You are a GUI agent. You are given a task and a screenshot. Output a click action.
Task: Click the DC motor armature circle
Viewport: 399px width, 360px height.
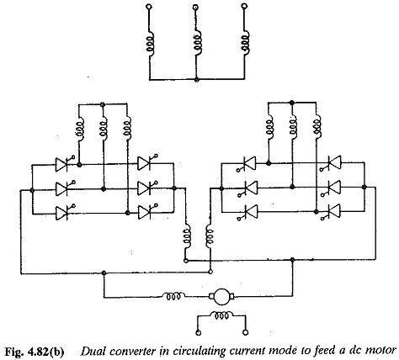(x=221, y=297)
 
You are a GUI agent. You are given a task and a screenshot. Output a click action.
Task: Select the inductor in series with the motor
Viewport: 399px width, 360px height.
(x=173, y=296)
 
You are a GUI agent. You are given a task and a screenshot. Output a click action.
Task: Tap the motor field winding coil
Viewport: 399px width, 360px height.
(x=221, y=315)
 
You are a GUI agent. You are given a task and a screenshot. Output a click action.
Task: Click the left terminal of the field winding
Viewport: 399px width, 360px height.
(x=199, y=333)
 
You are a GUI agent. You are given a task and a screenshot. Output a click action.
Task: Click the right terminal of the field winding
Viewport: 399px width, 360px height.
(x=246, y=332)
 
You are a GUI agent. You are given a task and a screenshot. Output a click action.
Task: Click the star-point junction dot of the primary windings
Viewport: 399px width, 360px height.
(x=197, y=80)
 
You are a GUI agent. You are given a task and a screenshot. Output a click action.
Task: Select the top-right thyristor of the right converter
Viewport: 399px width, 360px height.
(x=332, y=163)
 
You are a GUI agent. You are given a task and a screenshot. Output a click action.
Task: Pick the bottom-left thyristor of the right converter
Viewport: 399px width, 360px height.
(x=249, y=212)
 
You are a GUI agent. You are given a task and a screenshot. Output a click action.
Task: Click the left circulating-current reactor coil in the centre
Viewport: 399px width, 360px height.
(x=188, y=236)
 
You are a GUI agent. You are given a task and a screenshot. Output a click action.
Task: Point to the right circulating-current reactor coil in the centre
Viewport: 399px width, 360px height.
(x=210, y=236)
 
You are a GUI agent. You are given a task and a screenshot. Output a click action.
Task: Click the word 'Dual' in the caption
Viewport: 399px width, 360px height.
(x=90, y=351)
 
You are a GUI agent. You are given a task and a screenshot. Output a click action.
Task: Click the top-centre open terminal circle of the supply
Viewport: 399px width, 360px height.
(x=196, y=6)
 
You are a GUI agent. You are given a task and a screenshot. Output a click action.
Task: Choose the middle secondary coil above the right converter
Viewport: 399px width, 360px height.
(x=293, y=125)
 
